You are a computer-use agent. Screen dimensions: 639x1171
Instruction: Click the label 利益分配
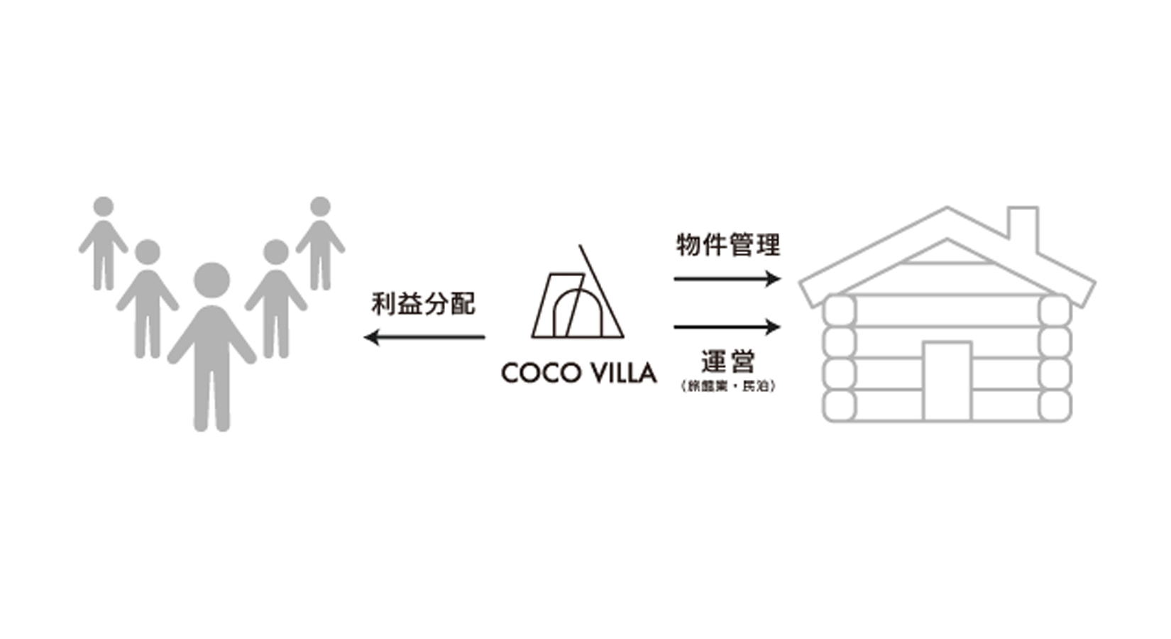coord(423,304)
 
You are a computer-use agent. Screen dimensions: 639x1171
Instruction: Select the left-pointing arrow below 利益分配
coord(424,337)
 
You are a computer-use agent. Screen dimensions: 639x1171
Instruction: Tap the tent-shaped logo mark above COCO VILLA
coord(578,298)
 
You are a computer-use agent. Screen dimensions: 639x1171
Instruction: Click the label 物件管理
coord(727,245)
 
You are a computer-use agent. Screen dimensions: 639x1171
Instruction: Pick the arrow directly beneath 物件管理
coord(727,279)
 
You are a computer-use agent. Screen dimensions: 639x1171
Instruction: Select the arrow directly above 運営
coord(727,327)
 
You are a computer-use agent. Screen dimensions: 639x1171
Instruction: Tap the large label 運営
coord(727,361)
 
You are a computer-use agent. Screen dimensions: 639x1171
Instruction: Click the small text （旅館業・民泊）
coord(727,386)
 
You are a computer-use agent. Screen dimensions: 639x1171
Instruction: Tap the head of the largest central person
coord(211,280)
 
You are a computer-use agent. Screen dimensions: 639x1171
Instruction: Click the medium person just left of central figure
coord(148,298)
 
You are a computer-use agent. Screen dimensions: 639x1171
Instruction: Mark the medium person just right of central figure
coord(275,298)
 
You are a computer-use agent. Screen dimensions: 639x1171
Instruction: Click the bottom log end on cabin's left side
coord(840,405)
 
